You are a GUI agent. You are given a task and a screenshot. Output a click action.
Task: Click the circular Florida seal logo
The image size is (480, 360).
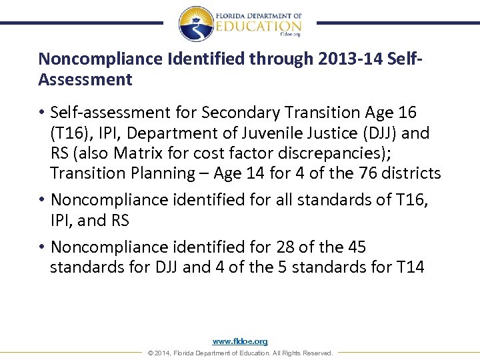[x=196, y=24]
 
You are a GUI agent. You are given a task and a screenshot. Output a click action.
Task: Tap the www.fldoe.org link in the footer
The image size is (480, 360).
[x=240, y=341]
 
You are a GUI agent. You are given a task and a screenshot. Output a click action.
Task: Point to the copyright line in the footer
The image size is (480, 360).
[x=240, y=353]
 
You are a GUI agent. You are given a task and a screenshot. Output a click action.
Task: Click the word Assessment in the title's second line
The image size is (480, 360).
[x=85, y=80]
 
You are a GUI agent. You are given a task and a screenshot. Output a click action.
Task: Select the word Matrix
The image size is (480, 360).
[x=138, y=153]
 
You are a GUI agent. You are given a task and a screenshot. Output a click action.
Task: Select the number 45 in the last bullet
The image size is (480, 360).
[x=353, y=247]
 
